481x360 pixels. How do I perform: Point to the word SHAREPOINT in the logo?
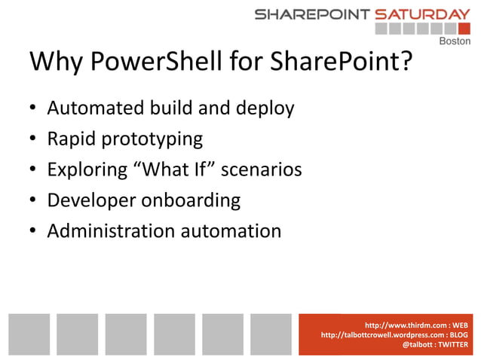coord(311,14)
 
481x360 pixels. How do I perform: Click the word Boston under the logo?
coord(455,41)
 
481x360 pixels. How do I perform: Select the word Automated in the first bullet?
coord(90,108)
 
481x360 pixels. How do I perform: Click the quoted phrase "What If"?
coord(171,169)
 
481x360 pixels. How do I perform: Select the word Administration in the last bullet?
coord(110,230)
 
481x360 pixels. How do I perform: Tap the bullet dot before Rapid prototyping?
coord(33,140)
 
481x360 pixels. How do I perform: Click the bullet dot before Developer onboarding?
coord(33,201)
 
